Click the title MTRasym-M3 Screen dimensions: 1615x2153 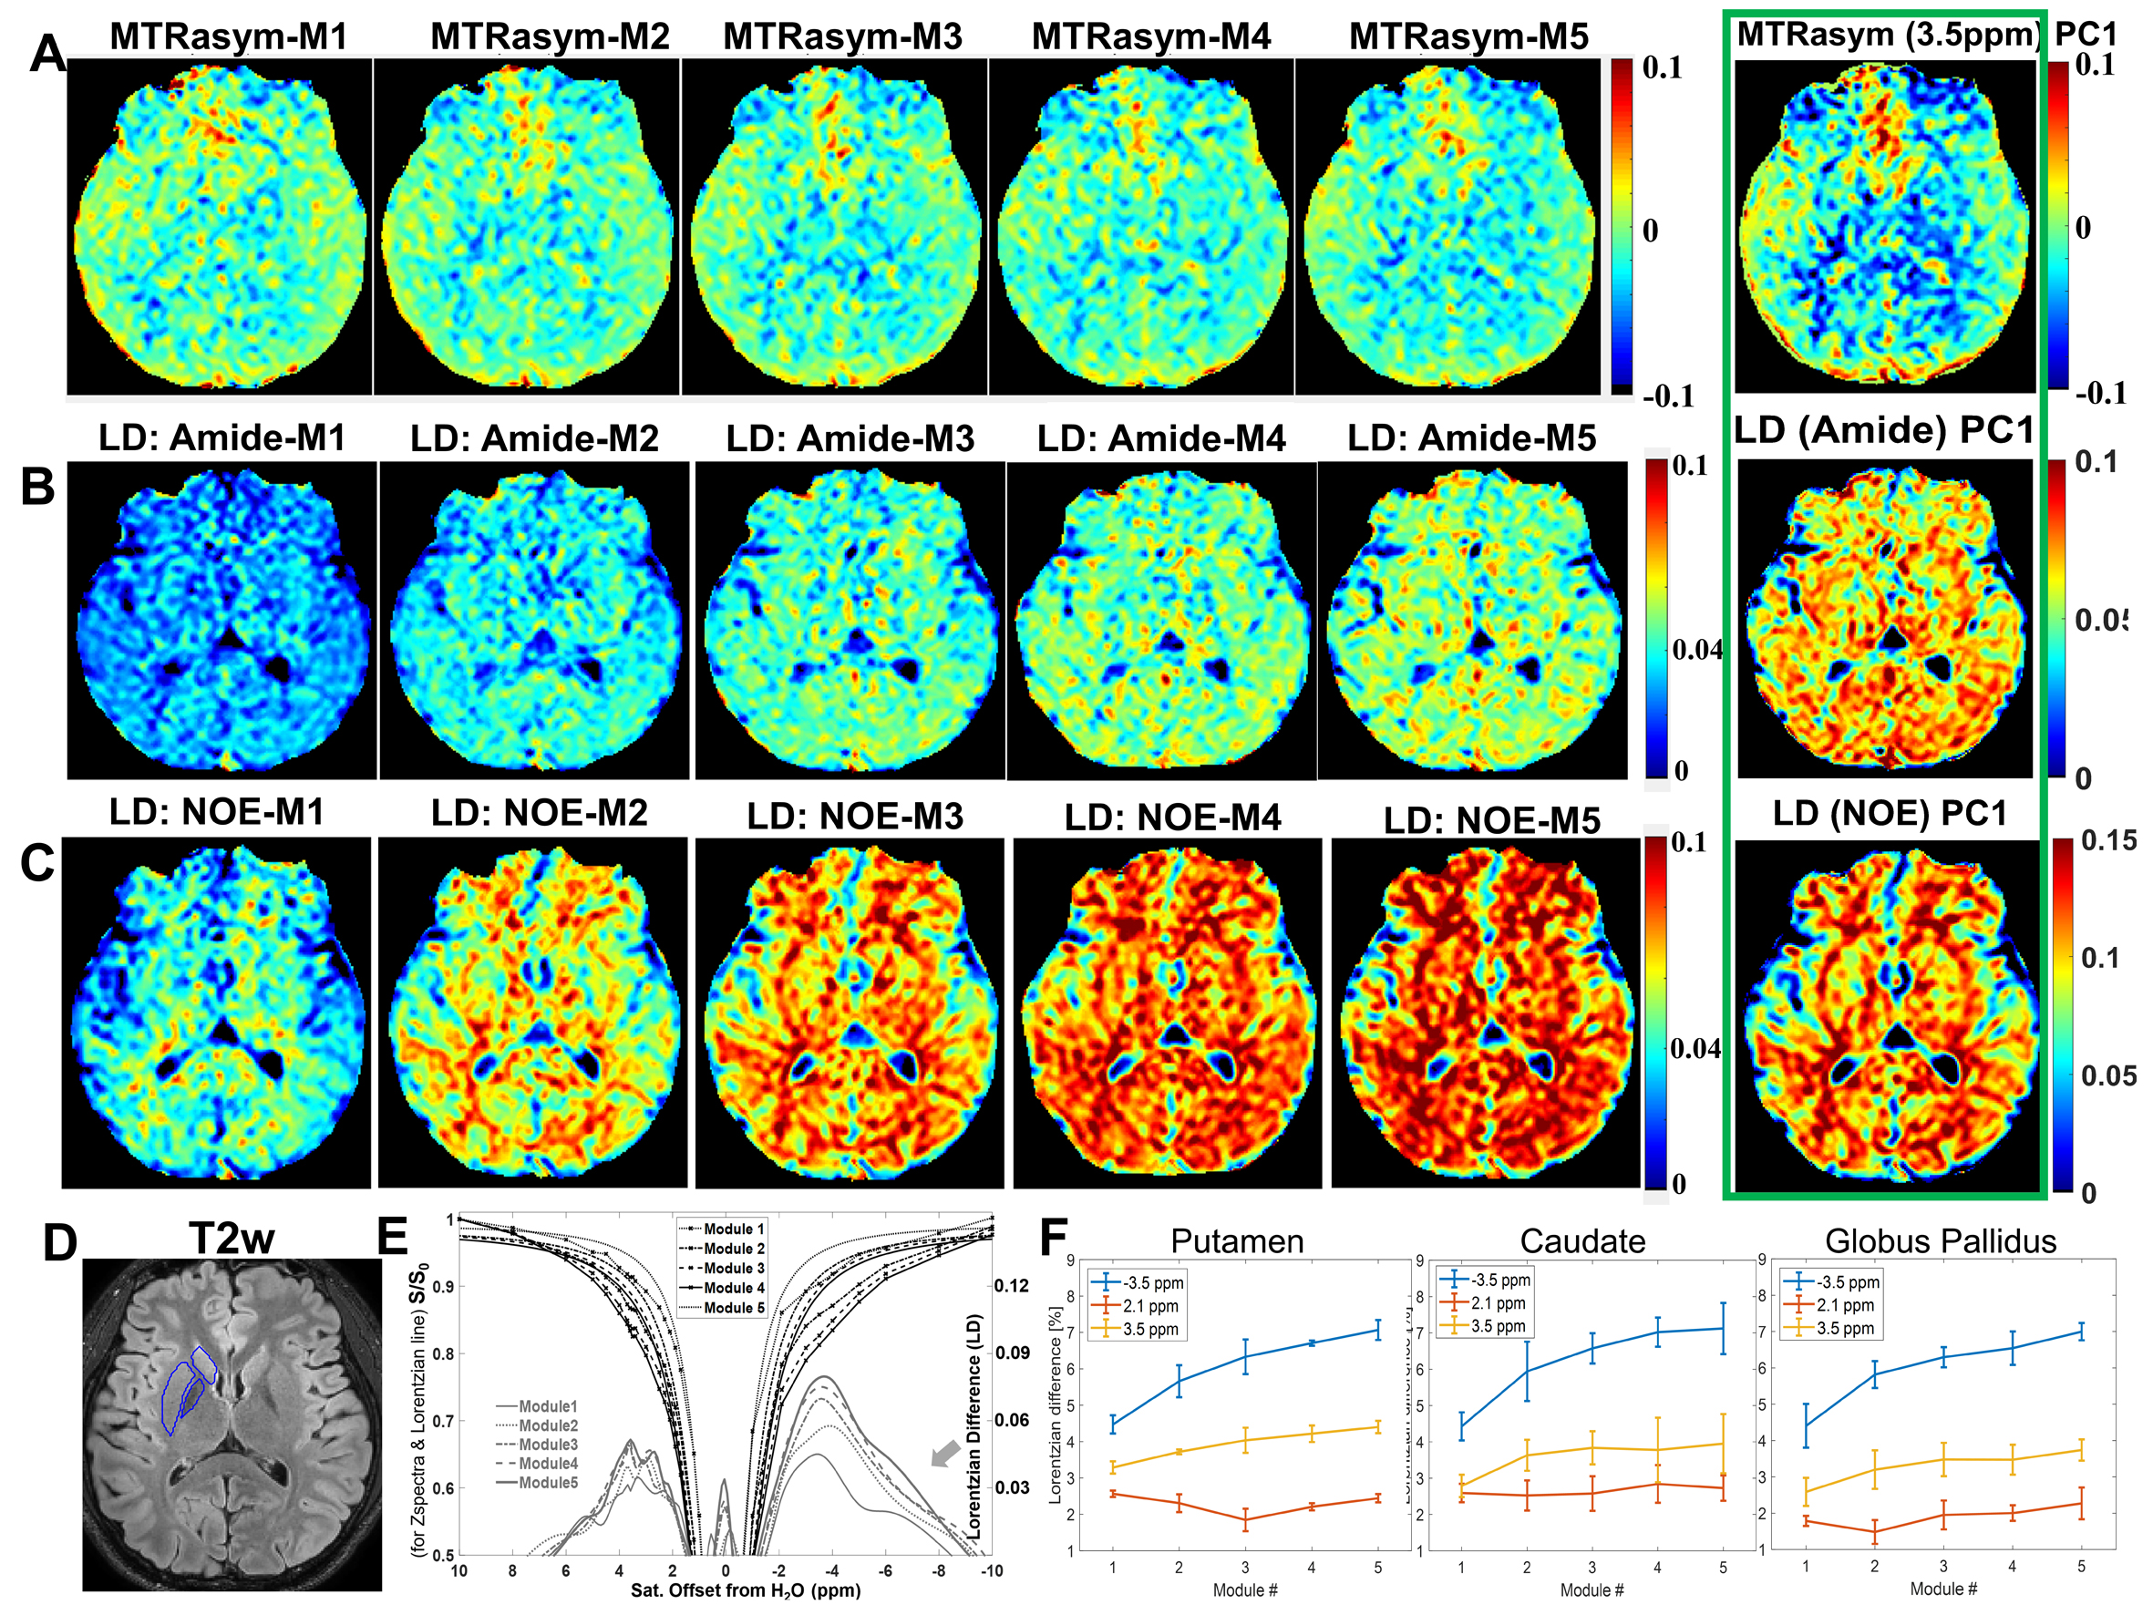pyautogui.click(x=842, y=37)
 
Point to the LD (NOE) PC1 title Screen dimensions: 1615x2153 pyautogui.click(x=1890, y=813)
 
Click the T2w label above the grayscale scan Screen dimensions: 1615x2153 pyautogui.click(x=231, y=1240)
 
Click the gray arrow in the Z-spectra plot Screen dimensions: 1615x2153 pyautogui.click(x=945, y=1455)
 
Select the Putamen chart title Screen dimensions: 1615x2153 pyautogui.click(x=1236, y=1241)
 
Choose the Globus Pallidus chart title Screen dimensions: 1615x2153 pyautogui.click(x=1940, y=1241)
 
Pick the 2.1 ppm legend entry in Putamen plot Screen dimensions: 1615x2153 pyautogui.click(x=1149, y=1305)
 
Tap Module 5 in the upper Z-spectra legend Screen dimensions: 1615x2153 pyautogui.click(x=733, y=1307)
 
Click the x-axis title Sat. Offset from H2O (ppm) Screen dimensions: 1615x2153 pyautogui.click(x=746, y=1590)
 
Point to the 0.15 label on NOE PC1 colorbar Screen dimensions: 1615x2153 pyautogui.click(x=2108, y=841)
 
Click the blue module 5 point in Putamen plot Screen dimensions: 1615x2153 pyautogui.click(x=1377, y=1330)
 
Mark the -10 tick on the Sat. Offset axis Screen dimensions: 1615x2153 pyautogui.click(x=991, y=1570)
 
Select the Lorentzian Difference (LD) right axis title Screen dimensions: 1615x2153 pyautogui.click(x=974, y=1426)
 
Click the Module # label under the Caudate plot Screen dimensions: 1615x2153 pyautogui.click(x=1592, y=1589)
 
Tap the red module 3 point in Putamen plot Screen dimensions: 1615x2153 pyautogui.click(x=1245, y=1519)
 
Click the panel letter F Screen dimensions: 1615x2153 pyautogui.click(x=1056, y=1239)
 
